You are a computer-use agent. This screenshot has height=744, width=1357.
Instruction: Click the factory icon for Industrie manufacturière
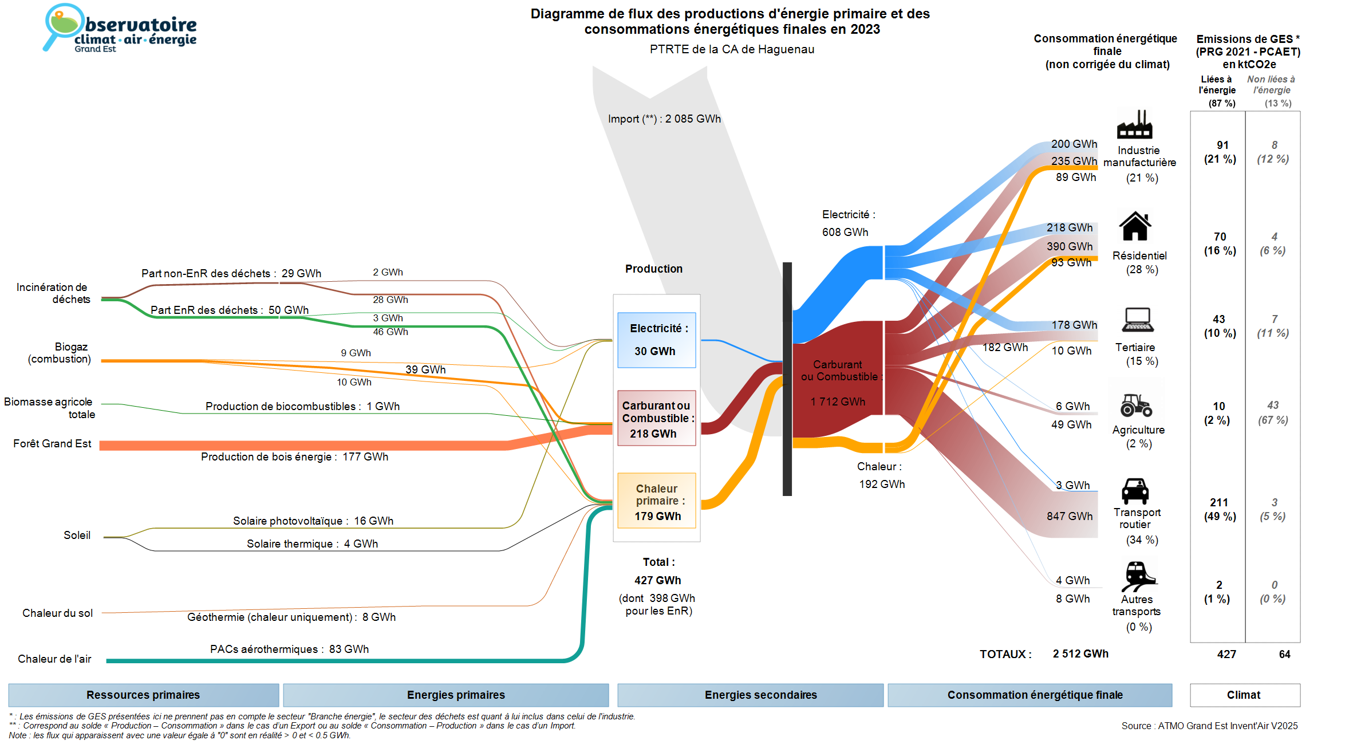coord(1134,125)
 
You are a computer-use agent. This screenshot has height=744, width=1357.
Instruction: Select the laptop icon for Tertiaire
coord(1138,320)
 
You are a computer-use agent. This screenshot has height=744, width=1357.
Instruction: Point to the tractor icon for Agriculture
coord(1136,405)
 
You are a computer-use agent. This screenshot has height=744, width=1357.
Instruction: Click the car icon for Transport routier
coord(1135,491)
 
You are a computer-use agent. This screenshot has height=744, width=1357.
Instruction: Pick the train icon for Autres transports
coord(1138,576)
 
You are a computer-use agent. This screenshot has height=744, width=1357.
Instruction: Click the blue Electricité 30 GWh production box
coord(657,340)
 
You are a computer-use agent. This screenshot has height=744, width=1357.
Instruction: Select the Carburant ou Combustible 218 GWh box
coord(657,418)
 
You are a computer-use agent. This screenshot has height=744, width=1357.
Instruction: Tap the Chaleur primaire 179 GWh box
coord(657,501)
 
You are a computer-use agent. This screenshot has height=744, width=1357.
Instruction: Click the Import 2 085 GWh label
coord(664,119)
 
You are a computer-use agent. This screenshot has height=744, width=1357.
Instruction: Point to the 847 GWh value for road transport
coord(1070,517)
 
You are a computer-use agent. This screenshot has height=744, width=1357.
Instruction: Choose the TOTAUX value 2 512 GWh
coord(1080,654)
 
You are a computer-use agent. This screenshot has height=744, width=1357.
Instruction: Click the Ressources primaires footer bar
coord(143,695)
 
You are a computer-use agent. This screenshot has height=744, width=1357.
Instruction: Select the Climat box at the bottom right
coord(1244,695)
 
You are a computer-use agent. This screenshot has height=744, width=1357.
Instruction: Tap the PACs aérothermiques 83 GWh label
coord(289,649)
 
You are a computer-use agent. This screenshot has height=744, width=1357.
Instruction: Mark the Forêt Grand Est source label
coord(52,444)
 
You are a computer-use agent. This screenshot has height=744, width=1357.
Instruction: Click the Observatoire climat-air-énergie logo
coord(120,29)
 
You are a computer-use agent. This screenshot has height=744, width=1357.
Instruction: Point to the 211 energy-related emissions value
coord(1219,503)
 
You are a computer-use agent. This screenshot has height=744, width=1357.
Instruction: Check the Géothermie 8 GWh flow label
coord(291,617)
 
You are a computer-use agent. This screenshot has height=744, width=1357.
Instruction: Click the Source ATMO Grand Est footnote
coord(1209,726)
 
